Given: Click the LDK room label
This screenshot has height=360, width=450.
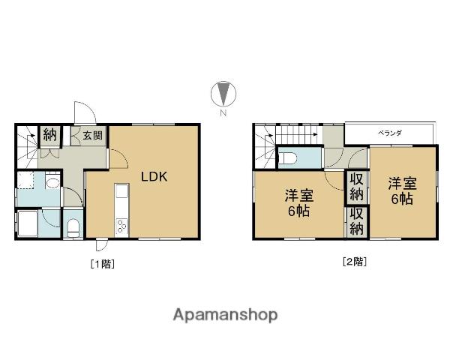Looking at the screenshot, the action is click(x=154, y=177).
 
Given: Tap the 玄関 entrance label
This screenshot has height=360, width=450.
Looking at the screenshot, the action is click(x=92, y=135).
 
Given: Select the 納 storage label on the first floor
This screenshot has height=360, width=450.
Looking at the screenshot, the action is click(x=50, y=134).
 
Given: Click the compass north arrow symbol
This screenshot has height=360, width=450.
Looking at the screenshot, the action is click(x=223, y=94).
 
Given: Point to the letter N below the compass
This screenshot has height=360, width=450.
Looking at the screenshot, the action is click(x=223, y=112).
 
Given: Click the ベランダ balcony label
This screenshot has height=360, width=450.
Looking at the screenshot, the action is click(x=389, y=133).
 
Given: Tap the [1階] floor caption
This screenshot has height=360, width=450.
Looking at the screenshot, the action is click(x=103, y=263).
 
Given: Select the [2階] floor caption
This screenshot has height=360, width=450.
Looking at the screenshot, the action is click(x=355, y=262).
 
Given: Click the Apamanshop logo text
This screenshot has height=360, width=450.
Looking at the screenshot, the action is click(x=225, y=315).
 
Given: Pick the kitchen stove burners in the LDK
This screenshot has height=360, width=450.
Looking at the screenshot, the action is click(x=121, y=226).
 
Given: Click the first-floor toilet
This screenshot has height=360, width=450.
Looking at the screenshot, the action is click(x=73, y=229).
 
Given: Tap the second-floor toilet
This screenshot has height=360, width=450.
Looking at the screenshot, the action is click(x=287, y=157).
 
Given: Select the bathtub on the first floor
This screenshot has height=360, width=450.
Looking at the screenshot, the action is click(x=28, y=223).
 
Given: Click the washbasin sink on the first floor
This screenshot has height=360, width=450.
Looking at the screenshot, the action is click(x=52, y=182).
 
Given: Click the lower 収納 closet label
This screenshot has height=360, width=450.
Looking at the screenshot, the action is click(x=356, y=222).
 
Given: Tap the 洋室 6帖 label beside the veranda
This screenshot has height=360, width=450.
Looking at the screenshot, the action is click(x=402, y=191).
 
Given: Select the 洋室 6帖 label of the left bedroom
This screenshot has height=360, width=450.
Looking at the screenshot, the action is click(x=299, y=203).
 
